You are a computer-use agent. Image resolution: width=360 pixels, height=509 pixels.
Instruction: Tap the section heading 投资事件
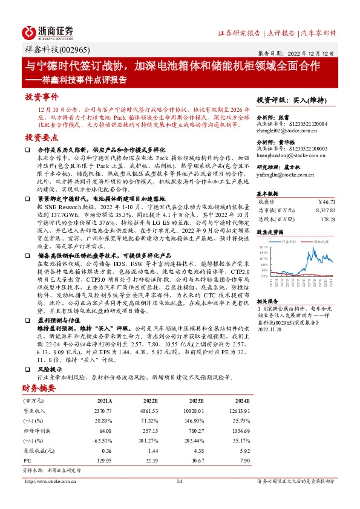click(x=41, y=97)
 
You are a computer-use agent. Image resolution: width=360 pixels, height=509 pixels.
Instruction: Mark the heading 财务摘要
click(x=38, y=389)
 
